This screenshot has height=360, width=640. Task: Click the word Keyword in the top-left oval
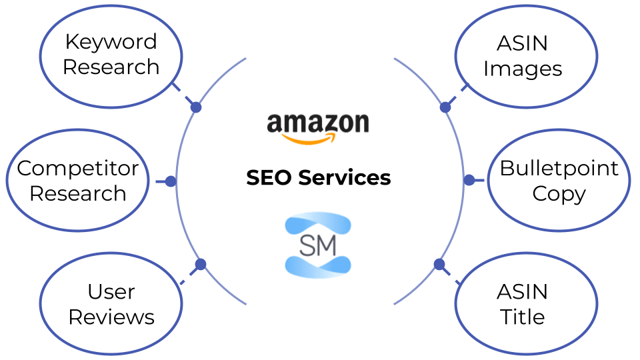click(111, 42)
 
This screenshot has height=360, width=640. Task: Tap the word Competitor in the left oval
click(78, 168)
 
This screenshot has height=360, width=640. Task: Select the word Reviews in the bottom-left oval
click(111, 317)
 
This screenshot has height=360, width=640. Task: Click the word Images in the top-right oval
click(523, 69)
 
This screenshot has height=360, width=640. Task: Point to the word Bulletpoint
click(559, 168)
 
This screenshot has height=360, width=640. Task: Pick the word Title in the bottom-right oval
click(523, 317)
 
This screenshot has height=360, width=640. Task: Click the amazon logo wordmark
click(318, 123)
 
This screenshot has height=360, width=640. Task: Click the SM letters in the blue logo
click(318, 245)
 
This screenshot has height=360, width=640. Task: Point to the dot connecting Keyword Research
click(196, 107)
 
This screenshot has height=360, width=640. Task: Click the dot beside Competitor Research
click(171, 181)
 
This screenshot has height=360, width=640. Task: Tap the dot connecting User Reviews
click(200, 265)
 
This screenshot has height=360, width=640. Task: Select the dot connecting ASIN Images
click(445, 107)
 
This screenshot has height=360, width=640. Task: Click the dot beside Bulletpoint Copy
click(469, 180)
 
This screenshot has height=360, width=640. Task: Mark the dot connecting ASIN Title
click(439, 264)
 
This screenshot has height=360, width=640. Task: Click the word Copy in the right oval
click(559, 193)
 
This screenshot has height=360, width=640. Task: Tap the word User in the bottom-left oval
click(111, 292)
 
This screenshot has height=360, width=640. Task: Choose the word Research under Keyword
click(111, 67)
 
